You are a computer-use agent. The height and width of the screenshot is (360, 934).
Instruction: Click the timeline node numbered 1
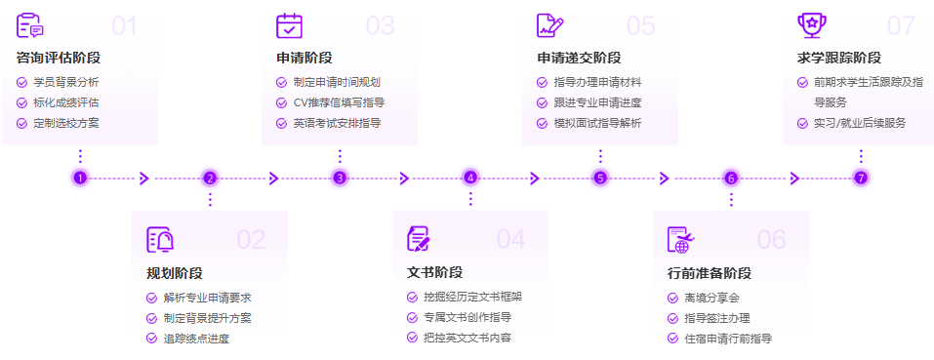tap(80, 178)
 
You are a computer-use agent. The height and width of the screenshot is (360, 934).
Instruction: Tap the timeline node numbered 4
tap(470, 178)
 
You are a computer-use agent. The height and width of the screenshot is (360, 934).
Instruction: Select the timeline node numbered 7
tap(860, 178)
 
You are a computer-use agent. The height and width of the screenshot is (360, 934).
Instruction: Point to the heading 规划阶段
tap(175, 273)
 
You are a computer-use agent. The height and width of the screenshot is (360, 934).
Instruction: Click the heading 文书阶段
tap(434, 272)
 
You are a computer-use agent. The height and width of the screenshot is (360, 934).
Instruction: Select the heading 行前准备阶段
tap(710, 273)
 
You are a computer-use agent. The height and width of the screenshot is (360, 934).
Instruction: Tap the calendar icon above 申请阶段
tap(290, 25)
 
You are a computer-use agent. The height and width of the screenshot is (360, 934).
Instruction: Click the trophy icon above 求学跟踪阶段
tap(810, 24)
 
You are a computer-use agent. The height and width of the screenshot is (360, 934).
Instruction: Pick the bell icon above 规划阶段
tap(159, 240)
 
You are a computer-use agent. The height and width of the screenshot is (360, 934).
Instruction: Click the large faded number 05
tap(641, 25)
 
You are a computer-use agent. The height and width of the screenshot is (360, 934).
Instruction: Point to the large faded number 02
tap(251, 240)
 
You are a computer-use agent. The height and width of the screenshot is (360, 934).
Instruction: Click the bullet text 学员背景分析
tap(66, 82)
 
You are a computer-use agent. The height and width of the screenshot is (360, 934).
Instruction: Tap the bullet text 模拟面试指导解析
tap(597, 123)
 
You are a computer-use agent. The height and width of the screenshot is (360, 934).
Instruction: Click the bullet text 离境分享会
tap(712, 298)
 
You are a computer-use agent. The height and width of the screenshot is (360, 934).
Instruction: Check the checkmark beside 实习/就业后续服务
tap(803, 123)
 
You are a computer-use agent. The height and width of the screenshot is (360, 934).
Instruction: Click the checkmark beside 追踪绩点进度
tap(151, 339)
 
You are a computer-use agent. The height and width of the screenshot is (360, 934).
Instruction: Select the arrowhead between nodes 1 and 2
tap(144, 178)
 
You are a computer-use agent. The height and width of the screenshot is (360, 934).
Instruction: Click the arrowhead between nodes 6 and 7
tap(795, 178)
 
